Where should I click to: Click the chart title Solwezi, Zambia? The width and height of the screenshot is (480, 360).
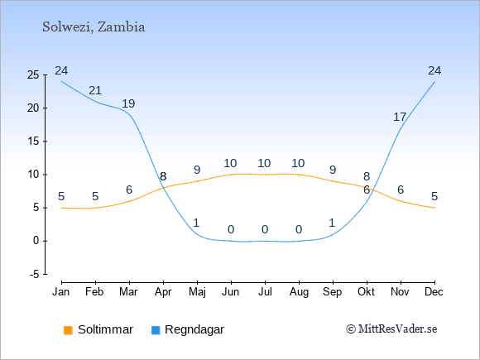[94, 27]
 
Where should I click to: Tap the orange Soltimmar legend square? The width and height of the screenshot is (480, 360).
[68, 330]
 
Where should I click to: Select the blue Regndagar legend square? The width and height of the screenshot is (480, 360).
[156, 330]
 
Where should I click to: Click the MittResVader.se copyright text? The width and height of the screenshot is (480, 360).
[391, 329]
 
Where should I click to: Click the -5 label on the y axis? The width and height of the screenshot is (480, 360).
[35, 275]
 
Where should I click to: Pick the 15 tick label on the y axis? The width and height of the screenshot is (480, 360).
[33, 142]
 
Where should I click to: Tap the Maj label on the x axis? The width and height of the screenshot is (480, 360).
[197, 292]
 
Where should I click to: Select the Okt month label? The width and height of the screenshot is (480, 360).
[366, 292]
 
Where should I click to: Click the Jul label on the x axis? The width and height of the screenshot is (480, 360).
[265, 292]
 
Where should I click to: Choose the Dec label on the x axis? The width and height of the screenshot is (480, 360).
[434, 292]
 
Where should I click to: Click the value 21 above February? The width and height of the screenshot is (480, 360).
[95, 90]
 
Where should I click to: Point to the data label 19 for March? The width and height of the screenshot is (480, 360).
[128, 103]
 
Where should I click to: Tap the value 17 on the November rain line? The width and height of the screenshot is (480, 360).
[400, 117]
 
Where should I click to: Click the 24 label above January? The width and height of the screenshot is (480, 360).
[61, 70]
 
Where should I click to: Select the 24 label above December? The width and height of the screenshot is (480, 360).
[434, 70]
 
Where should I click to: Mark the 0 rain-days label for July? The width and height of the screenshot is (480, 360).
[265, 229]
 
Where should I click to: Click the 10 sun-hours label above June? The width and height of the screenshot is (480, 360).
[230, 164]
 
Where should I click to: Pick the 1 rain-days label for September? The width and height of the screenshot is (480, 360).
[333, 223]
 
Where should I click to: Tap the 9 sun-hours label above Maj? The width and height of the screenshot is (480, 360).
[197, 170]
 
